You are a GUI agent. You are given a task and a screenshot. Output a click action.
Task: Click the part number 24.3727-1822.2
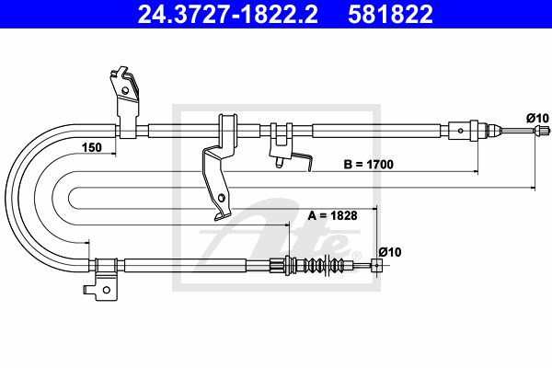[227, 15]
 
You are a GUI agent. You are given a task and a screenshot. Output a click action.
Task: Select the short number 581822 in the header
[390, 15]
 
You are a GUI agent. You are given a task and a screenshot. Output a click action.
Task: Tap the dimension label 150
[91, 147]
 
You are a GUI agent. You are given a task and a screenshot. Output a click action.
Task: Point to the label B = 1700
[369, 164]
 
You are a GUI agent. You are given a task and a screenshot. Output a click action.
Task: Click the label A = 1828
[333, 215]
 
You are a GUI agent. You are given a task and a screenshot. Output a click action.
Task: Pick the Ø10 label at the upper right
[537, 118]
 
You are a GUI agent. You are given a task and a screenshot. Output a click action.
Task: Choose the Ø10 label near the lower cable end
[390, 252]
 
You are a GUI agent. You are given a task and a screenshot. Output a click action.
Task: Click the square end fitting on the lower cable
[376, 265]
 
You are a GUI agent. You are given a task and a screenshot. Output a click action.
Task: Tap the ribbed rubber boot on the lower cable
[322, 264]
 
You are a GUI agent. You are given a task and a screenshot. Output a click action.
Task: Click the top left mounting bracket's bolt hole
[124, 90]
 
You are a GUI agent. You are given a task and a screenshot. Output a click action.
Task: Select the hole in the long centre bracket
[221, 198]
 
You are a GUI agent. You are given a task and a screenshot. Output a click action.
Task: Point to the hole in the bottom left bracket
[106, 290]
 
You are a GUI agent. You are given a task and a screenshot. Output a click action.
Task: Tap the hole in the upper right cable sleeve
[461, 131]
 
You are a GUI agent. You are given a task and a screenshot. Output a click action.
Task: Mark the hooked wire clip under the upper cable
[303, 161]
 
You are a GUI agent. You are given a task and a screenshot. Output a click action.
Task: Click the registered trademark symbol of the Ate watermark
[357, 256]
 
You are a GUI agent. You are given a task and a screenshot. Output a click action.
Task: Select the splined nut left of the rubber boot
[278, 264]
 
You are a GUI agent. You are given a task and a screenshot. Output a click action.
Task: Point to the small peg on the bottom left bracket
[86, 290]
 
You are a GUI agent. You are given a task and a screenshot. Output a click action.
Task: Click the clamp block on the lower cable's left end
[106, 265]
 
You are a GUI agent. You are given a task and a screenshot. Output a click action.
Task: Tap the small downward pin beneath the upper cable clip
[279, 162]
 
